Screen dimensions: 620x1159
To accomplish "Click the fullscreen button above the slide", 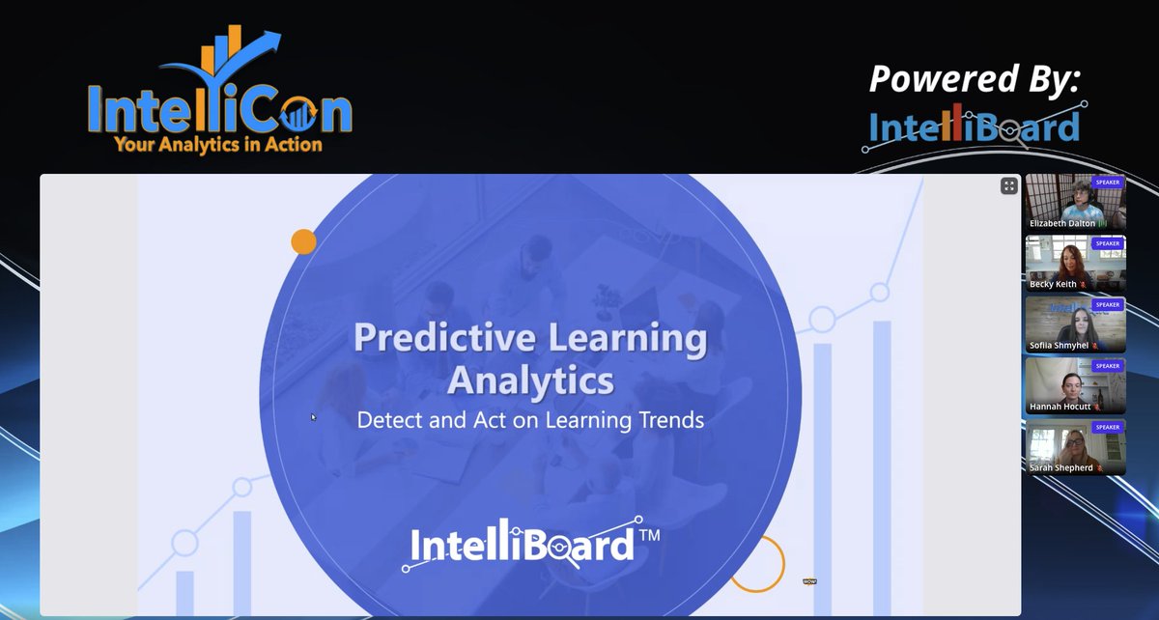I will point(1009,186).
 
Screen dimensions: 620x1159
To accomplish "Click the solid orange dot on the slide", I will point(303,241).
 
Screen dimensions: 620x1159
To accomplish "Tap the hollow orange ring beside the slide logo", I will point(756,563).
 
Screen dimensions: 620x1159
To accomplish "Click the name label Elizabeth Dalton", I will point(1063,223).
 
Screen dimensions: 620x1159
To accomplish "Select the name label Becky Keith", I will point(1053,284).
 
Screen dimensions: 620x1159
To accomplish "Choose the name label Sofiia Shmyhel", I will point(1060,346).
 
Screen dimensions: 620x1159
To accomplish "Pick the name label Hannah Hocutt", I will point(1060,407).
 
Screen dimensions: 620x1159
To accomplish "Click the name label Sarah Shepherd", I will point(1060,468).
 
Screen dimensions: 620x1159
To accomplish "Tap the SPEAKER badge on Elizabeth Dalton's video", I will point(1107,182).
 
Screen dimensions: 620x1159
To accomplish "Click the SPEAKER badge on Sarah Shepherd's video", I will point(1107,427).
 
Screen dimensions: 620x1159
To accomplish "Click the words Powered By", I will point(974,79).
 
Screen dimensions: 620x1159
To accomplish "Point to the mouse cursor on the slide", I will point(312,417).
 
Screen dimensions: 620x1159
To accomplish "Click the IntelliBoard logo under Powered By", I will point(974,128).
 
